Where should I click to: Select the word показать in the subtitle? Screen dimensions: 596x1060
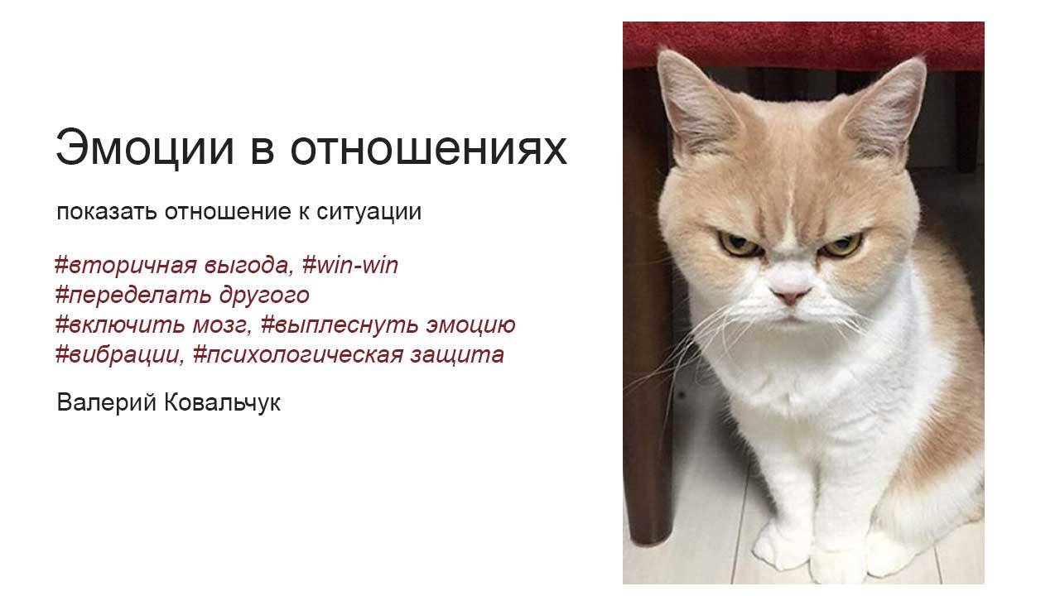click(x=107, y=213)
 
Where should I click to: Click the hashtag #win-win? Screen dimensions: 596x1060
click(x=350, y=266)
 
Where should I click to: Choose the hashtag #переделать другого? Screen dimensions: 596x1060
click(x=181, y=296)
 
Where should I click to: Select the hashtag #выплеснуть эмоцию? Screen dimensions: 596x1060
click(x=388, y=325)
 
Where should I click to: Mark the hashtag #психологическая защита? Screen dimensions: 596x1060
click(x=348, y=355)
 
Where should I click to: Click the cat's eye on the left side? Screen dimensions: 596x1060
click(x=733, y=243)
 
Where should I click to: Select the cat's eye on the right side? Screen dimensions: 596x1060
click(x=842, y=244)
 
